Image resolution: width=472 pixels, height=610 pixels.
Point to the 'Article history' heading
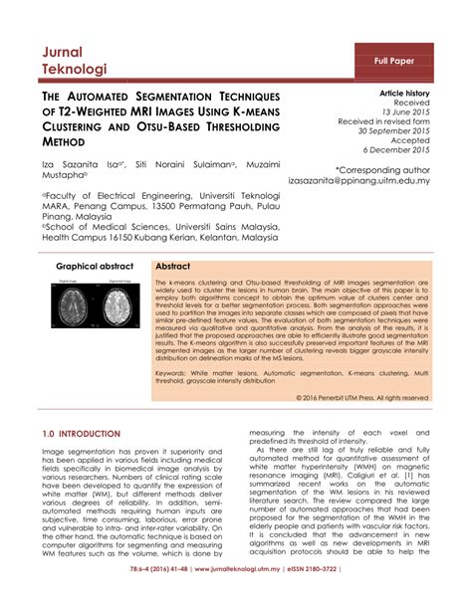[404, 92]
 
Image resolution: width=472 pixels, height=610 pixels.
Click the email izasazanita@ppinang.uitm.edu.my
[372, 182]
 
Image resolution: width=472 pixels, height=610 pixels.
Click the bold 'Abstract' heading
[174, 268]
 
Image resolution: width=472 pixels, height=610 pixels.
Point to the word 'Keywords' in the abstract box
[176, 367]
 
